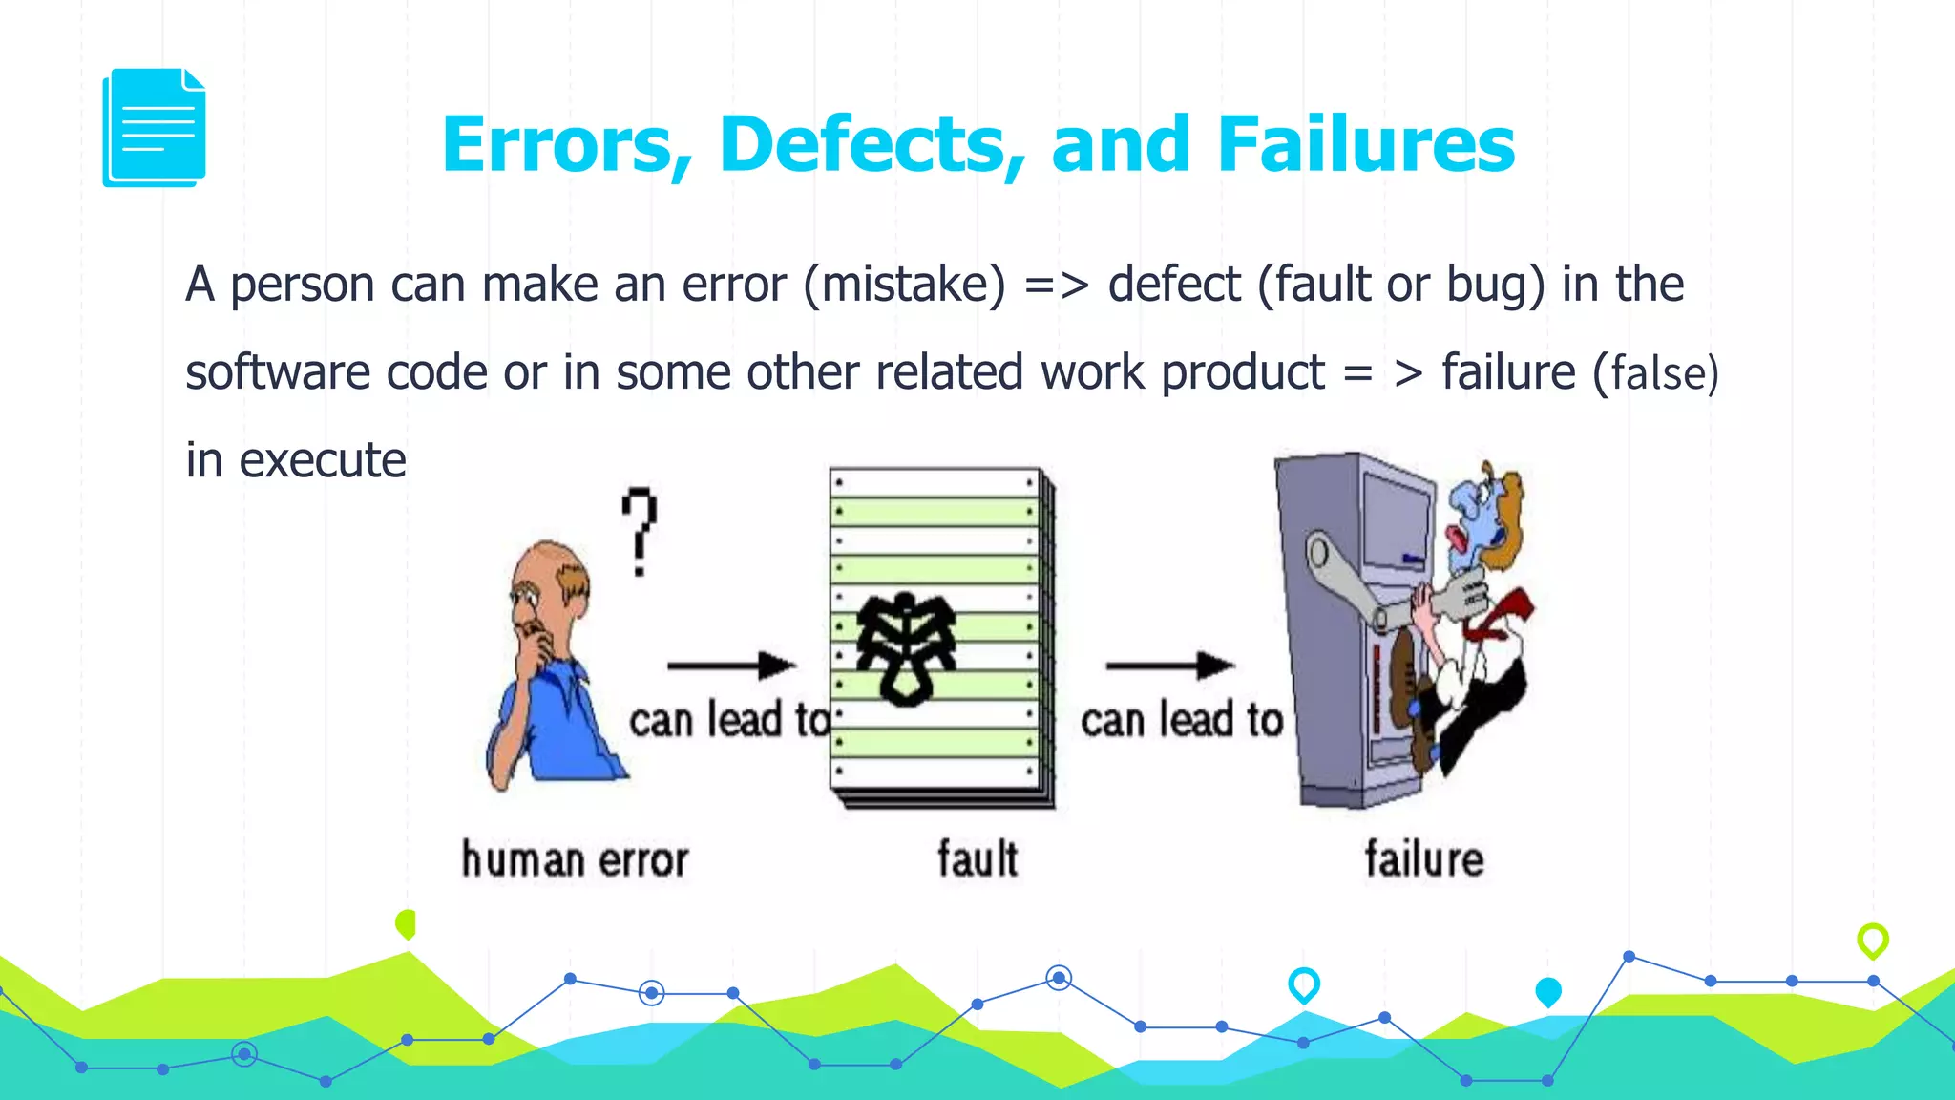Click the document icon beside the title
click(x=154, y=128)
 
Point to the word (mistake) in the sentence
click(x=904, y=285)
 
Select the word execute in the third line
click(x=323, y=460)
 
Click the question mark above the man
click(x=640, y=531)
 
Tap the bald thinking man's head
click(x=549, y=578)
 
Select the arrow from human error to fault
click(x=731, y=665)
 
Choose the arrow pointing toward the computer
click(x=1170, y=665)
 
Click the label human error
click(x=575, y=859)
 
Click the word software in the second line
click(x=278, y=372)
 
